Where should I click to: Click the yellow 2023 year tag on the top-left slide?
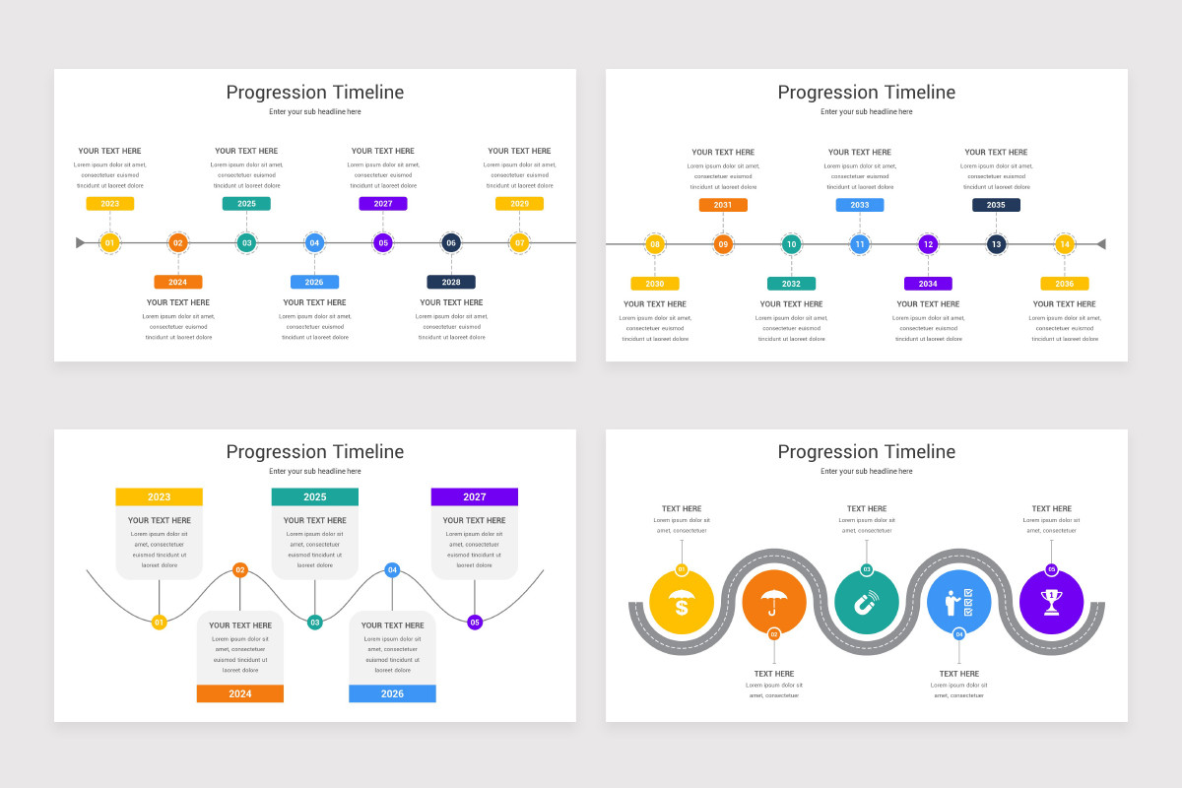(109, 204)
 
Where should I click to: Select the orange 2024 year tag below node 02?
(177, 282)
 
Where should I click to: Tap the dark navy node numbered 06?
(451, 242)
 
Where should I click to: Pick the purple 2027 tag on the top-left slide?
(383, 204)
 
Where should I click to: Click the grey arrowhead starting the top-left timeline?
(81, 242)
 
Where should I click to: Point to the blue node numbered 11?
(860, 244)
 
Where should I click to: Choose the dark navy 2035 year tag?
(996, 205)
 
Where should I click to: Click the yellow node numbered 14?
(1065, 244)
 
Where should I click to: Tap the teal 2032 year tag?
(791, 284)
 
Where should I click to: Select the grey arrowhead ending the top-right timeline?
(1100, 244)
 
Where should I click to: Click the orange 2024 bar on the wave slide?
(240, 693)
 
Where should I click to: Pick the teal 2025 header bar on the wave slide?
(315, 497)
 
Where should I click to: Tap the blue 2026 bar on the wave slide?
(392, 693)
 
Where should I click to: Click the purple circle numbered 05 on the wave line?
(475, 623)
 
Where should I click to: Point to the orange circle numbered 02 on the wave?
(239, 569)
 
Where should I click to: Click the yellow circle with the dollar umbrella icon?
(682, 602)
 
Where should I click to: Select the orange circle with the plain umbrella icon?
(774, 602)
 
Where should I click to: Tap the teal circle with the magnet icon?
(867, 602)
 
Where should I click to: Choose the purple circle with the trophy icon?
(1051, 602)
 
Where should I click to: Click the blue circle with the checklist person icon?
(959, 602)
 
